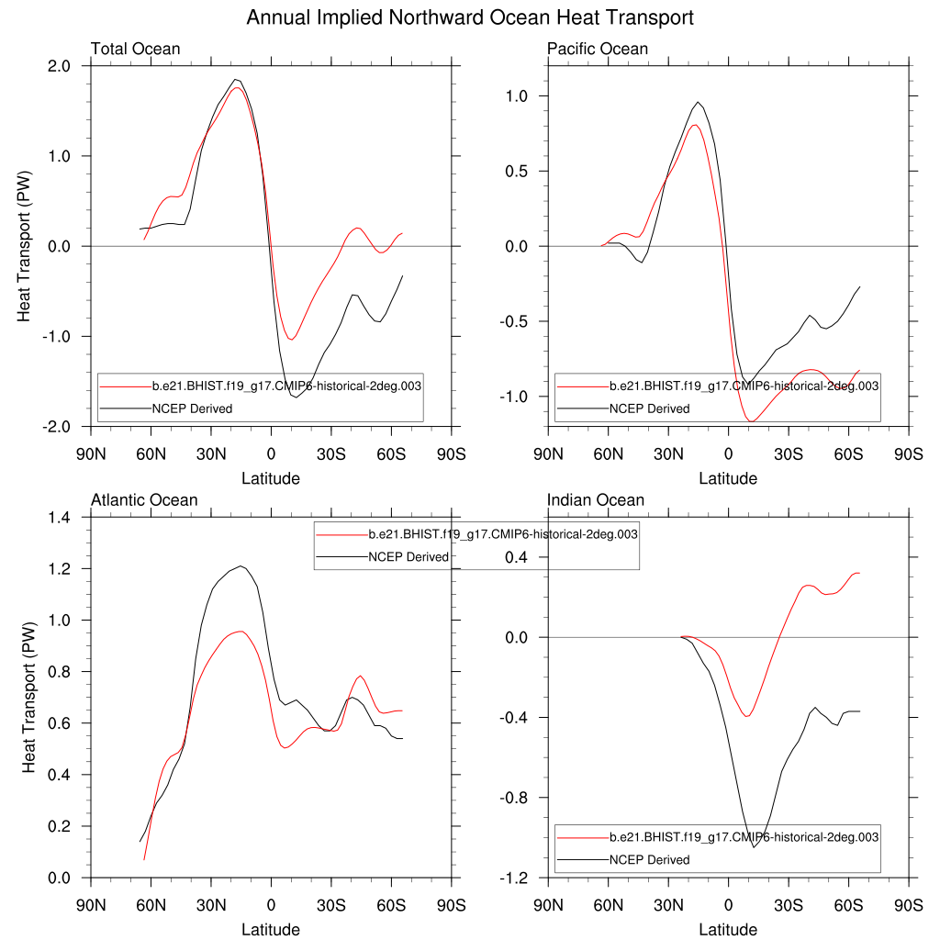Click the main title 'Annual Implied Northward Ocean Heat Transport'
pos(470,17)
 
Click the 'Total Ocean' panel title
pos(135,49)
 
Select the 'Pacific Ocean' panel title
pos(598,49)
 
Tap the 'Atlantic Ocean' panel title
pos(144,500)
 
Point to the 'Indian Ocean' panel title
pos(596,500)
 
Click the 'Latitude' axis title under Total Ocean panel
pos(270,478)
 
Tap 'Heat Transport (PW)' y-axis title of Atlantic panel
pos(29,698)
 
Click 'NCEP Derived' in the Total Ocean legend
pos(192,408)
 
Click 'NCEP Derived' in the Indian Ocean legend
pos(649,860)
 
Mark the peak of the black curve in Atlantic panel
pos(241,566)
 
